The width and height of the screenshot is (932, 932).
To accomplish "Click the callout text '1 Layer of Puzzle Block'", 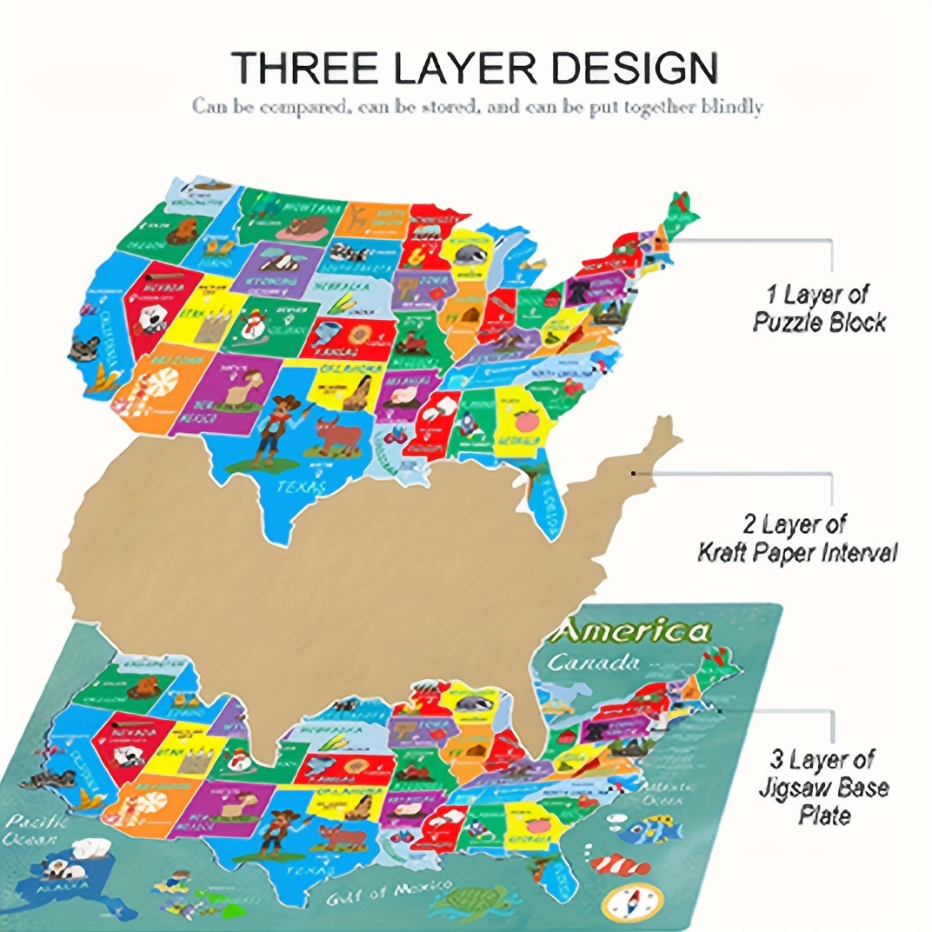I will click(x=817, y=309).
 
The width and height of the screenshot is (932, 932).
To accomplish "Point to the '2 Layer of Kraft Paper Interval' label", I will click(x=796, y=538).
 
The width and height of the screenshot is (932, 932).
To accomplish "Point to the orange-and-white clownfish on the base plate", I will click(x=622, y=864).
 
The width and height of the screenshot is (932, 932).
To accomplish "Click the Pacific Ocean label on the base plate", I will click(x=30, y=830).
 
